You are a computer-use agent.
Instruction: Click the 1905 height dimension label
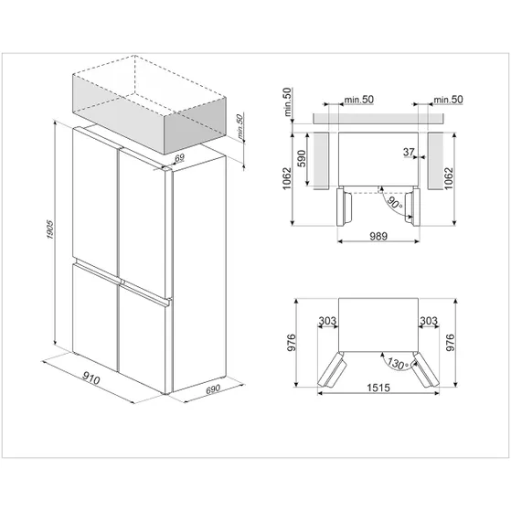[x=50, y=229]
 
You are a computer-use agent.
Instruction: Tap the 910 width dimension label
[x=90, y=378]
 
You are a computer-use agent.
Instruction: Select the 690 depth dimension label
[x=213, y=389]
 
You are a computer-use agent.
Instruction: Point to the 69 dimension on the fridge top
[x=179, y=158]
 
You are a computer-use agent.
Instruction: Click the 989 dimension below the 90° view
[x=378, y=236]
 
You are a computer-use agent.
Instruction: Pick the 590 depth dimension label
[x=302, y=158]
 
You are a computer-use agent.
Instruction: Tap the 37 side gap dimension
[x=409, y=152]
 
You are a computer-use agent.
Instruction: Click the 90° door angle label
[x=394, y=202]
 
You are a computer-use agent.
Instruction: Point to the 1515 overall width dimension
[x=378, y=388]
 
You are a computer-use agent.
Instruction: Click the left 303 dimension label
[x=327, y=321]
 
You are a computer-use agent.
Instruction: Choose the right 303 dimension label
[x=429, y=321]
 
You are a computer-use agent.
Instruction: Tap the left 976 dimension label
[x=292, y=342]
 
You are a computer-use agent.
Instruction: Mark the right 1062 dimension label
[x=449, y=178]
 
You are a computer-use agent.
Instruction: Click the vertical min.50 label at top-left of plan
[x=287, y=101]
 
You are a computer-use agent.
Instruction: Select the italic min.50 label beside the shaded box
[x=240, y=127]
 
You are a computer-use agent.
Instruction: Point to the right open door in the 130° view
[x=425, y=369]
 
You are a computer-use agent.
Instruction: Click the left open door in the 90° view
[x=344, y=207]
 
